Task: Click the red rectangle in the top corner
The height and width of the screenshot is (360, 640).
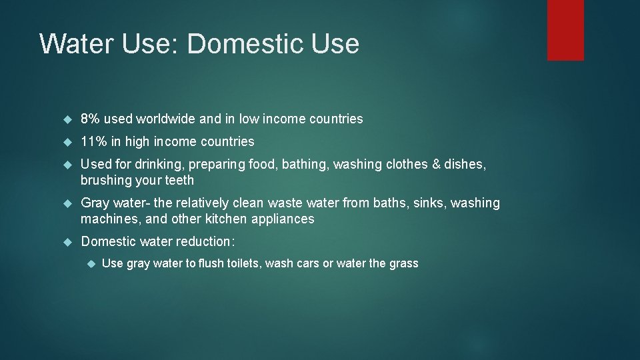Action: pyautogui.click(x=565, y=30)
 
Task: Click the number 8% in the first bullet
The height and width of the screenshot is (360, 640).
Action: pyautogui.click(x=91, y=119)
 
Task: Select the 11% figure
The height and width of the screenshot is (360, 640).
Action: pyautogui.click(x=93, y=141)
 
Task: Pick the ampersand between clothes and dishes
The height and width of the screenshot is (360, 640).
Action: pyautogui.click(x=437, y=164)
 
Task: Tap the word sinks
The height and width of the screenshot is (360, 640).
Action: pyautogui.click(x=429, y=203)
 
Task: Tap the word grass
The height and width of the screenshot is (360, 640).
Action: pyautogui.click(x=403, y=263)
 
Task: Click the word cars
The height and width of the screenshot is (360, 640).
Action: pyautogui.click(x=306, y=263)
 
